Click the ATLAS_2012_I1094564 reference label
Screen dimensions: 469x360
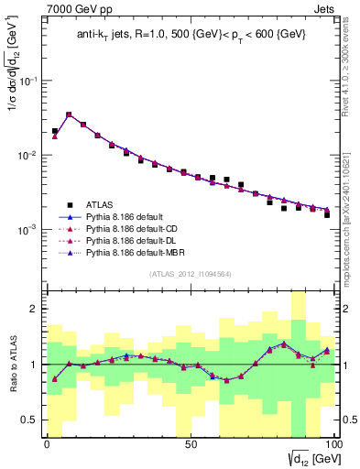coord(190,272)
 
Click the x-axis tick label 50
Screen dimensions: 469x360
coord(190,444)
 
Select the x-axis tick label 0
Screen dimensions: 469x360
coord(48,444)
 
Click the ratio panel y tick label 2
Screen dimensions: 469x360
coord(33,309)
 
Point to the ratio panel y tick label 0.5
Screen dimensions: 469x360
coord(29,420)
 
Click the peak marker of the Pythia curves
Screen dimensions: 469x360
coord(69,115)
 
